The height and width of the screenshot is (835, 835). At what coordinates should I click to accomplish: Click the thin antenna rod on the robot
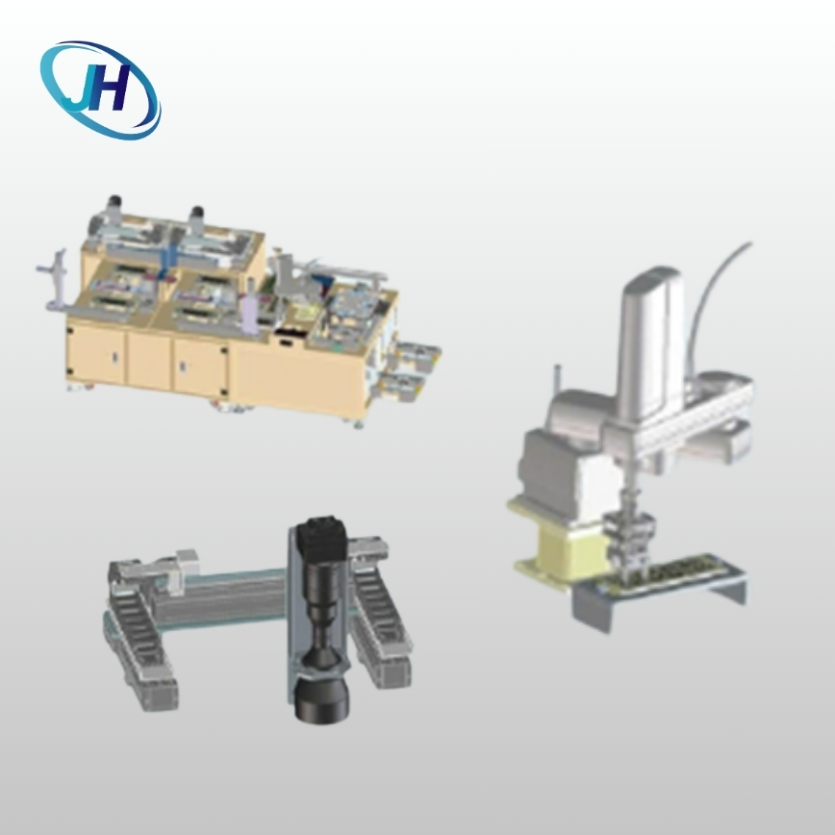pos(557,382)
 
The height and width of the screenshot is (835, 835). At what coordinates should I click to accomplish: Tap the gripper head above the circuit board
pos(629,538)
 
